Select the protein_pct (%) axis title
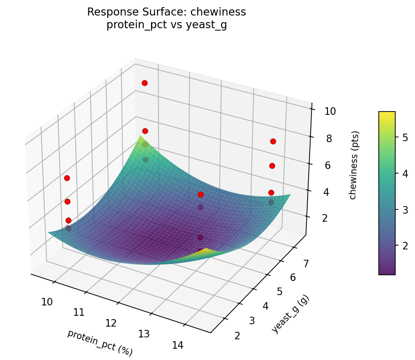[100, 343]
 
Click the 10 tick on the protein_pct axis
[47, 302]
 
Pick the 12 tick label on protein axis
[111, 323]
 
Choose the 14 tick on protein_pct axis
[177, 345]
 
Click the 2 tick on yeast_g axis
[237, 335]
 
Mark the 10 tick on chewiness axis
[330, 112]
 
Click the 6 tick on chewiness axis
[330, 165]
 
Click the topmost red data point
[144, 83]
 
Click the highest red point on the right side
[273, 141]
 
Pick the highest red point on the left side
[67, 178]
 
